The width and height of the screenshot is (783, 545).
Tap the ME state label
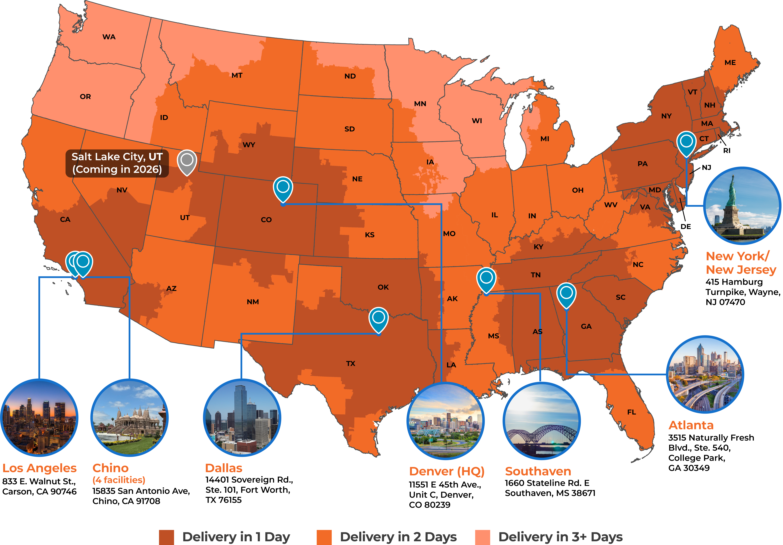(x=730, y=63)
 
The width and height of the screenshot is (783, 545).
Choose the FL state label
(x=632, y=412)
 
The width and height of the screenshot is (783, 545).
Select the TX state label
(x=351, y=364)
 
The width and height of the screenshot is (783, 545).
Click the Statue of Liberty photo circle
(x=742, y=206)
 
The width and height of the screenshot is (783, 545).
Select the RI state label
(x=727, y=151)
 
